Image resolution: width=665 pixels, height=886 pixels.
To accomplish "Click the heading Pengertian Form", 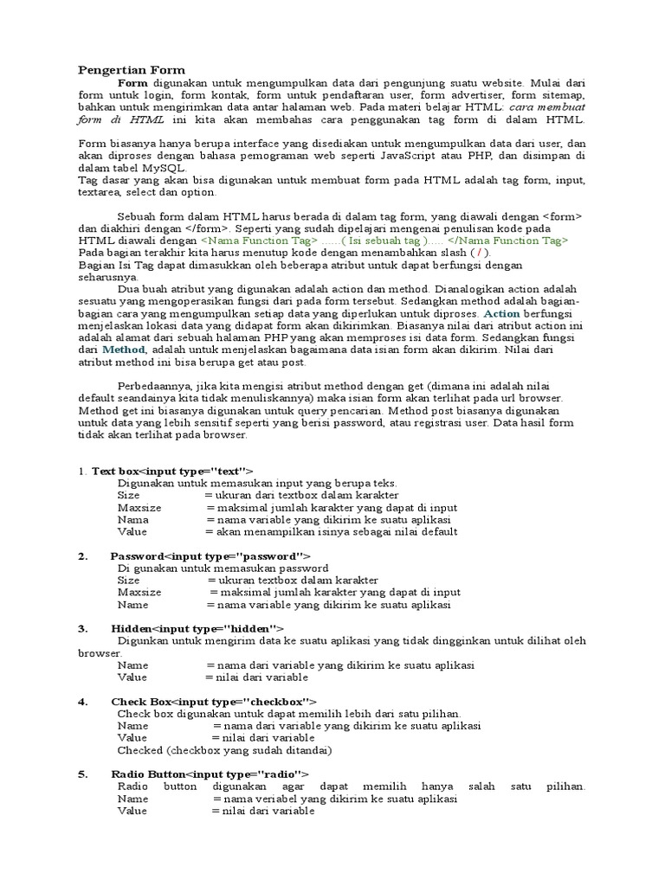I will [x=132, y=69].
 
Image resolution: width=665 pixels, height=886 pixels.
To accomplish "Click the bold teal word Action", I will [x=502, y=312].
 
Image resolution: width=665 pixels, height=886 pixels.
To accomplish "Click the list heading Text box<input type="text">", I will [x=172, y=470].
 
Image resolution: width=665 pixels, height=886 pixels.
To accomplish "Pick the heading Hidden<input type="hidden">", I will [x=197, y=628].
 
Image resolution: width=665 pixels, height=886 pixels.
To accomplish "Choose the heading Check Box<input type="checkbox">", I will [x=214, y=701].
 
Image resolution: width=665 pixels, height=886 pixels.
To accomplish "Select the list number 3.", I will [x=83, y=628].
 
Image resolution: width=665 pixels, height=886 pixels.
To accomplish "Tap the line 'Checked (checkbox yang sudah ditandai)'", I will [x=225, y=750].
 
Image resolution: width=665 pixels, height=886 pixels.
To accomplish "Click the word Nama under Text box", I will [x=133, y=519].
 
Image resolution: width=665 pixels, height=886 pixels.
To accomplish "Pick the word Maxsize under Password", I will [x=139, y=592].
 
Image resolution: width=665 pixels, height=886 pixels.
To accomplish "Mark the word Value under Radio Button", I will [x=132, y=812].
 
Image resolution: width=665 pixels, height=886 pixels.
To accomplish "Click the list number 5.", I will [x=83, y=774].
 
